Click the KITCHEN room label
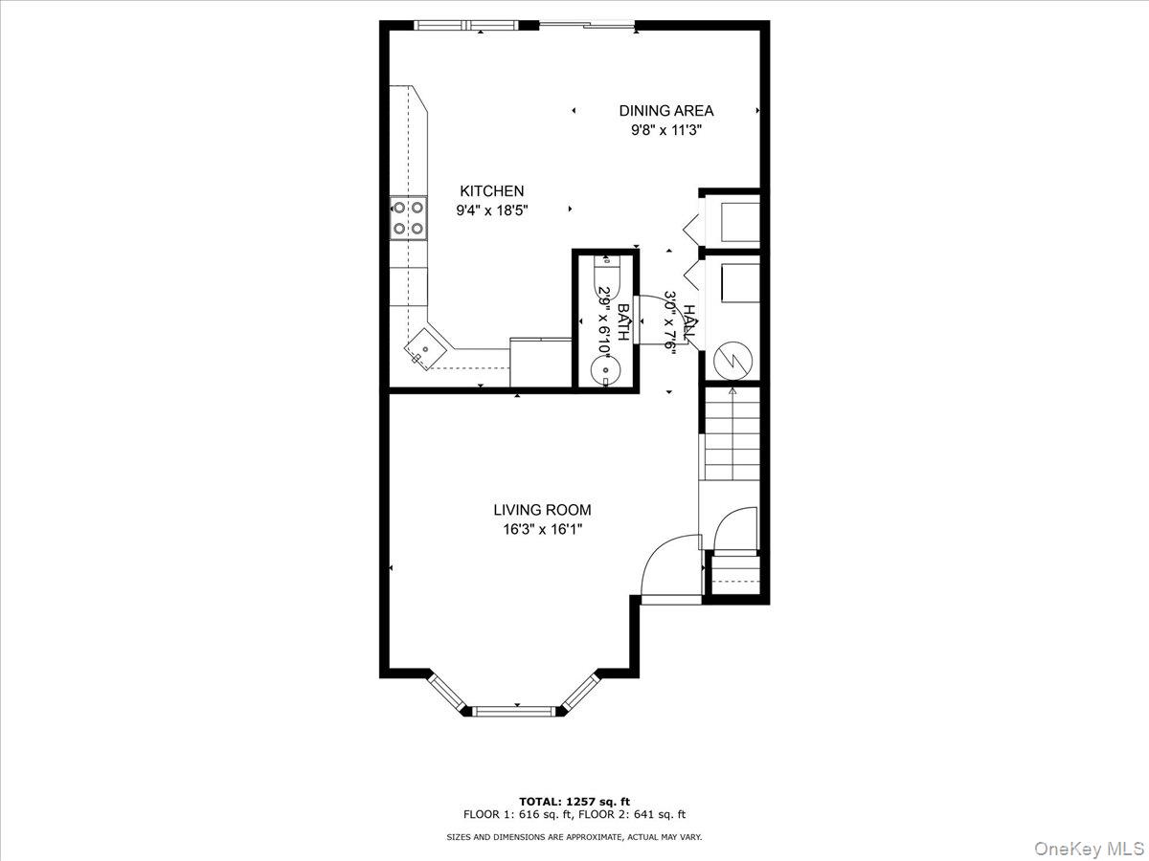click(x=491, y=190)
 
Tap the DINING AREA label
click(x=665, y=111)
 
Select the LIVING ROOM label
click(x=542, y=510)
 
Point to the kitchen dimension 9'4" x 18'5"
click(x=492, y=210)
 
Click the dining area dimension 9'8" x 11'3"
click(x=665, y=130)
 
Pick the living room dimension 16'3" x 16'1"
click(x=542, y=530)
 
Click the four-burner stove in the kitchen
click(x=408, y=218)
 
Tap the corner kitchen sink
click(x=425, y=347)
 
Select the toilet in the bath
click(x=606, y=276)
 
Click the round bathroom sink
click(x=605, y=369)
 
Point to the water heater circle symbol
click(x=733, y=361)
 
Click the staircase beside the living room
click(x=732, y=433)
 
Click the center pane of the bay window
click(x=513, y=711)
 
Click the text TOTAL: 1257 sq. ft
click(x=574, y=816)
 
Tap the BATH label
click(x=623, y=322)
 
